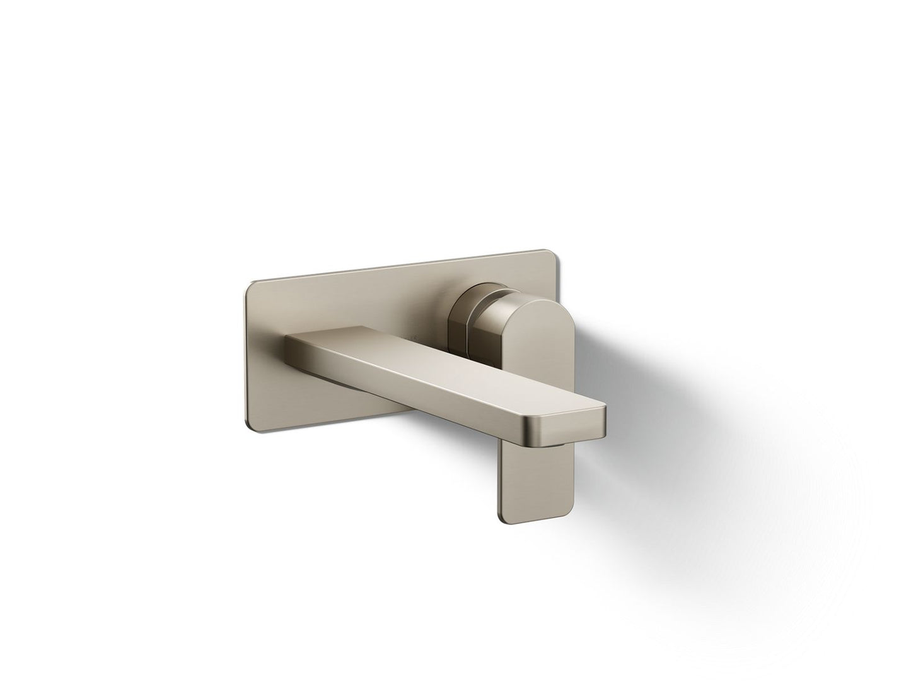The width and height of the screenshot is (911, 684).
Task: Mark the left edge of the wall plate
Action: (x=246, y=360)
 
